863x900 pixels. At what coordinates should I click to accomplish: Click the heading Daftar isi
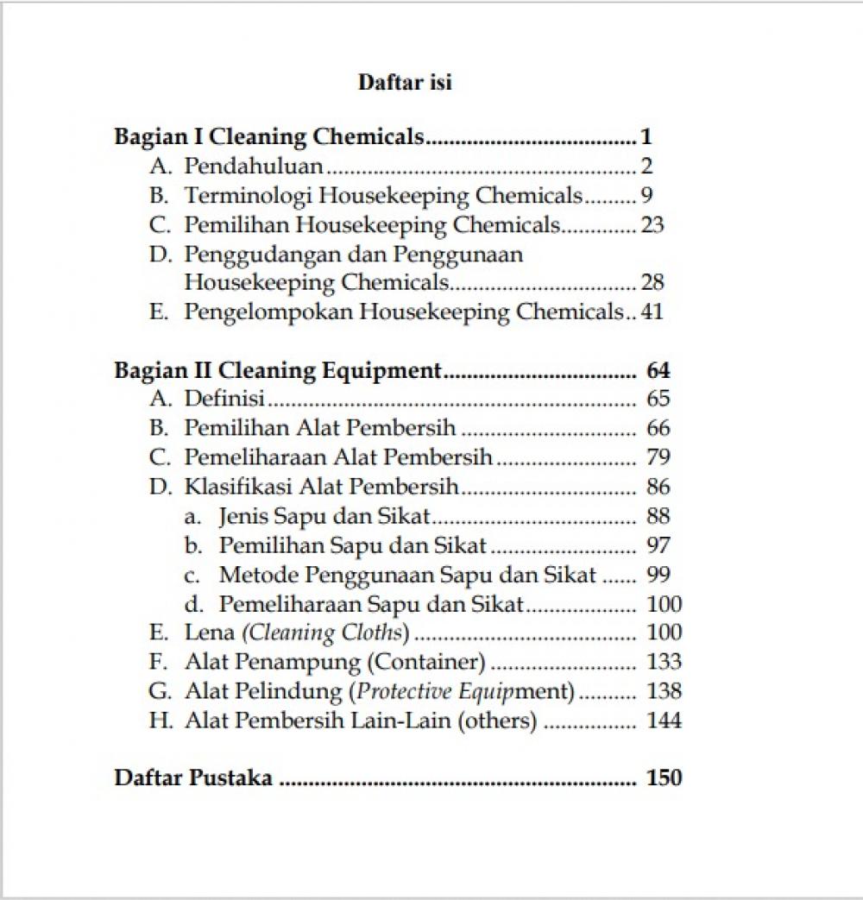[x=405, y=83]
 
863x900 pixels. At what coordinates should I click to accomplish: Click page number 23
[x=652, y=225]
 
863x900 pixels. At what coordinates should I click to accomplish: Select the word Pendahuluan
[x=254, y=166]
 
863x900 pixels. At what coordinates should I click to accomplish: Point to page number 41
[x=652, y=312]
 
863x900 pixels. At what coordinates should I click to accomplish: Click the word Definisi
[x=224, y=399]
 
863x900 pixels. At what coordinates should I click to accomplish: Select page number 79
[x=658, y=457]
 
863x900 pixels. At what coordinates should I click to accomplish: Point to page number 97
[x=658, y=545]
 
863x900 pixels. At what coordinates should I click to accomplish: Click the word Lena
[x=209, y=633]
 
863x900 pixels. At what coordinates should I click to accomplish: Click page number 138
[x=664, y=691]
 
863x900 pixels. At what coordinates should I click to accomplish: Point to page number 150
[x=664, y=777]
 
